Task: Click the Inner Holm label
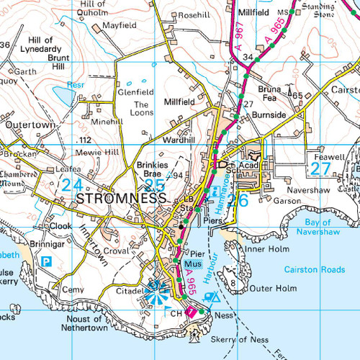click(x=267, y=249)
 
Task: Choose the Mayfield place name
click(x=119, y=24)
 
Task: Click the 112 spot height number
click(x=86, y=140)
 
